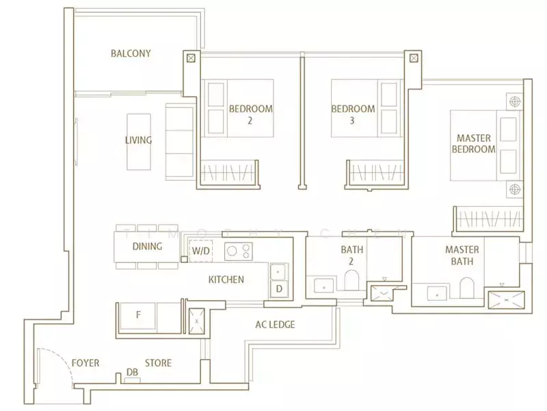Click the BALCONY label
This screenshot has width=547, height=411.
coord(131,53)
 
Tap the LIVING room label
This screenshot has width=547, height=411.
coord(138,140)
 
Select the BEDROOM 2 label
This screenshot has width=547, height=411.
coord(250,114)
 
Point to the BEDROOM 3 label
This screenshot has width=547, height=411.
coord(353,114)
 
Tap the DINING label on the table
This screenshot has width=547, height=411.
coord(146,247)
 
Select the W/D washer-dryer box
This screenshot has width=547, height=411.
coord(201,251)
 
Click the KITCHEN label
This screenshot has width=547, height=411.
coord(226,279)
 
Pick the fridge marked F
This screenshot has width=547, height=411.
coord(138,316)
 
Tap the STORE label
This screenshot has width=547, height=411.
coord(158,362)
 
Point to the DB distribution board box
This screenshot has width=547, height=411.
coord(132,375)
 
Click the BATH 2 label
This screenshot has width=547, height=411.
coord(351,256)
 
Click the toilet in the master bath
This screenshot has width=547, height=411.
coord(467,289)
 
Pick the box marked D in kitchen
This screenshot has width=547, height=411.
coord(278,289)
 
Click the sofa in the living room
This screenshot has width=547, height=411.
coord(180,142)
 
